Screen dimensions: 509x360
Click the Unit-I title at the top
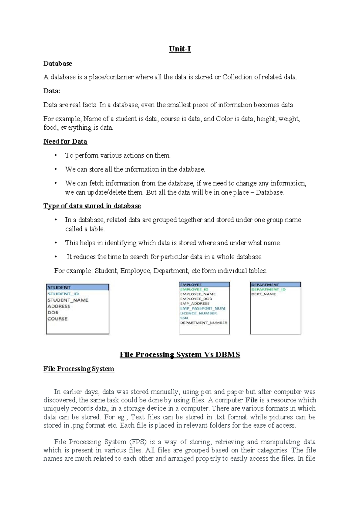[180, 49]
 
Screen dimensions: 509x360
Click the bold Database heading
[58, 64]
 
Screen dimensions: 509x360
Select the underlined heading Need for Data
[65, 141]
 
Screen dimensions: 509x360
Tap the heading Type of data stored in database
[92, 206]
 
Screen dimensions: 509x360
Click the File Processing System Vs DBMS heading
[180, 354]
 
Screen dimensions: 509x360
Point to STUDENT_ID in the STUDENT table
[63, 294]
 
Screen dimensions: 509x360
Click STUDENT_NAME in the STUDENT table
[68, 300]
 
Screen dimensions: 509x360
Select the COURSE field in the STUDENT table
[57, 319]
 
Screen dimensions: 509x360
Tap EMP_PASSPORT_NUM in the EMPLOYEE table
[202, 308]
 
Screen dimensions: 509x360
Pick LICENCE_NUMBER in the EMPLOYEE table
[198, 313]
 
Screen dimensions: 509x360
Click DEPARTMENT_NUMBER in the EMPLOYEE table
[203, 323]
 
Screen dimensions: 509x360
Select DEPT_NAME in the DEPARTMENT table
[263, 294]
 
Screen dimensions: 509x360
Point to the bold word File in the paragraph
[251, 400]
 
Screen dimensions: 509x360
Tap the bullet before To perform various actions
[55, 155]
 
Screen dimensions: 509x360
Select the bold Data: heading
[52, 91]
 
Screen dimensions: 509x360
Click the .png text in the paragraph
[78, 425]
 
